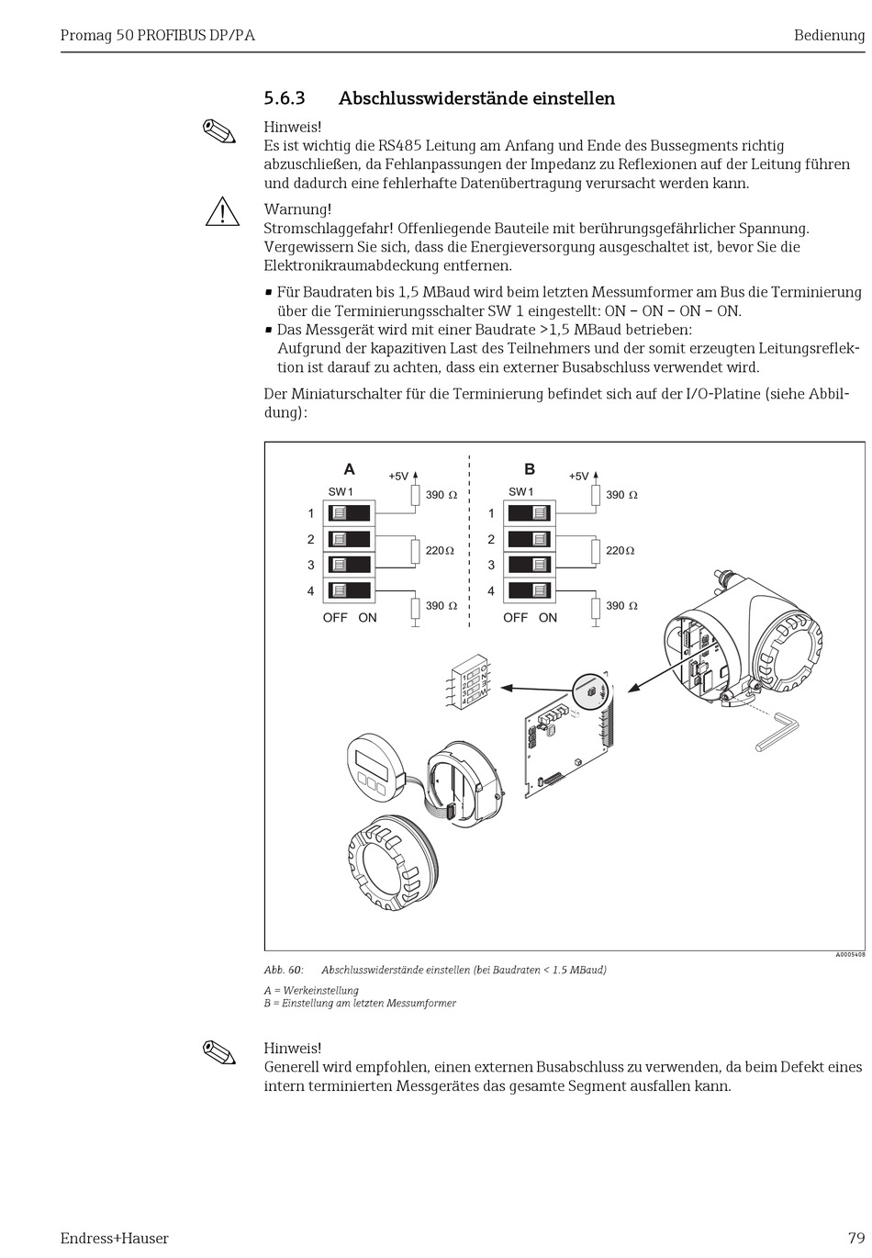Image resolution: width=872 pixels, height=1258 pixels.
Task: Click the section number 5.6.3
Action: click(x=284, y=98)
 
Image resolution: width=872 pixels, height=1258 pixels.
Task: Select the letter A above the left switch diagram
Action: click(x=349, y=469)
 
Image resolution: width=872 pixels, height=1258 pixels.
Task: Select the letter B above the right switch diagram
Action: click(x=530, y=469)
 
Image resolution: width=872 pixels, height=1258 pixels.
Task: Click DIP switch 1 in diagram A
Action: click(x=348, y=513)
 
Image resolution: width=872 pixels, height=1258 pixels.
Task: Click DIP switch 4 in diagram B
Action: click(x=530, y=590)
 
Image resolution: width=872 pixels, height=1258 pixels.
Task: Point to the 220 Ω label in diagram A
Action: click(x=441, y=551)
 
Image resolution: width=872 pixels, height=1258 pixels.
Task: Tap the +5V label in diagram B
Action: click(x=578, y=477)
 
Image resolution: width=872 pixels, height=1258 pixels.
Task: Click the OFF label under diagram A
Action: click(x=335, y=618)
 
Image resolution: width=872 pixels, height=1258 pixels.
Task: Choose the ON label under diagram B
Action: click(x=548, y=618)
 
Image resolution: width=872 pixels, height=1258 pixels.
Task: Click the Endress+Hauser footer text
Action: click(x=114, y=1238)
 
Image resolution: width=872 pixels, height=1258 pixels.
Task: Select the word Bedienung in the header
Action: click(x=829, y=36)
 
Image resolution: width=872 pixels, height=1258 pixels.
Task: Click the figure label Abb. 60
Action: click(x=283, y=970)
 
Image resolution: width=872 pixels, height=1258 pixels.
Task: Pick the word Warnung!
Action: click(x=297, y=209)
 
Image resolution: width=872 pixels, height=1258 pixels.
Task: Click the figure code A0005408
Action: click(x=849, y=955)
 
